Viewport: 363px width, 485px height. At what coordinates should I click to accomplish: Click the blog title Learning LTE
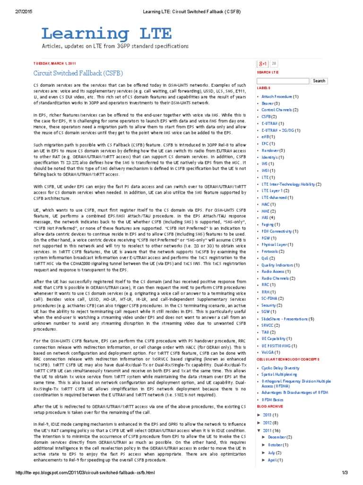point(100,34)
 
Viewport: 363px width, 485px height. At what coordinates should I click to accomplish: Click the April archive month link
point(273,460)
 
